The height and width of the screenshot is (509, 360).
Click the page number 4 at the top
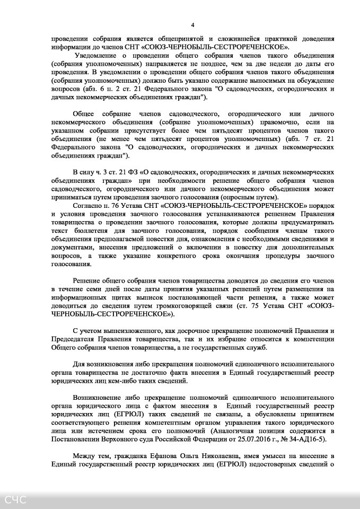tap(192, 25)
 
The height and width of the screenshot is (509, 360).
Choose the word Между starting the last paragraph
tap(84, 457)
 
